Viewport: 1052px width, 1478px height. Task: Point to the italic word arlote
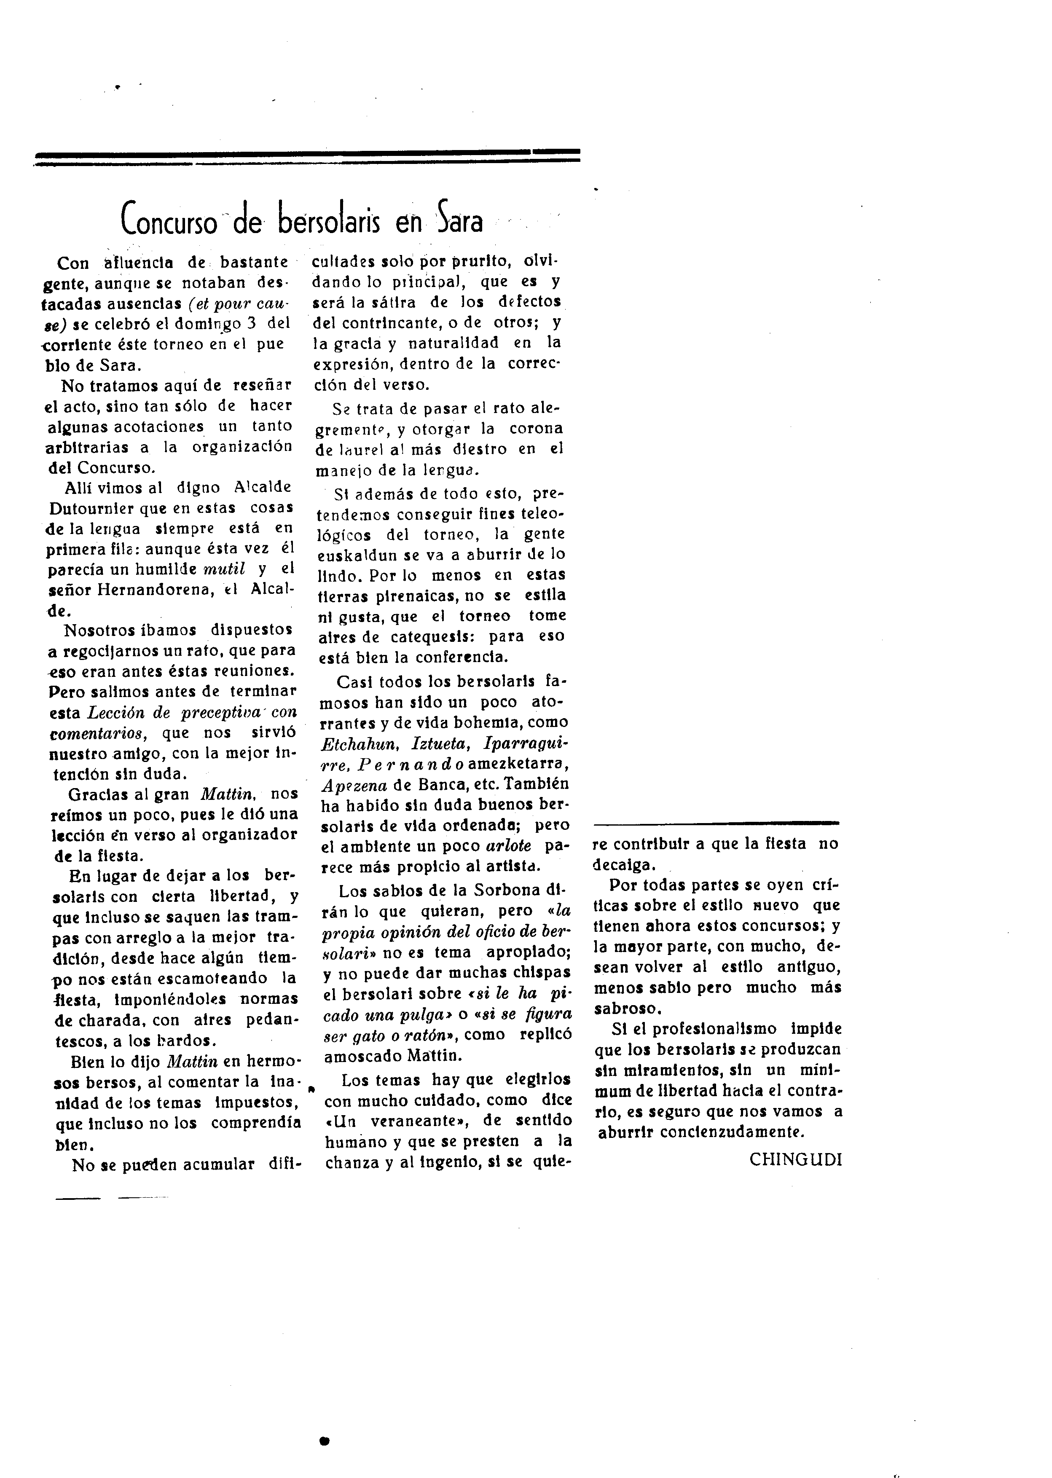[x=509, y=846]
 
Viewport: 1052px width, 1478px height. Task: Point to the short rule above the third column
[x=716, y=823]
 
